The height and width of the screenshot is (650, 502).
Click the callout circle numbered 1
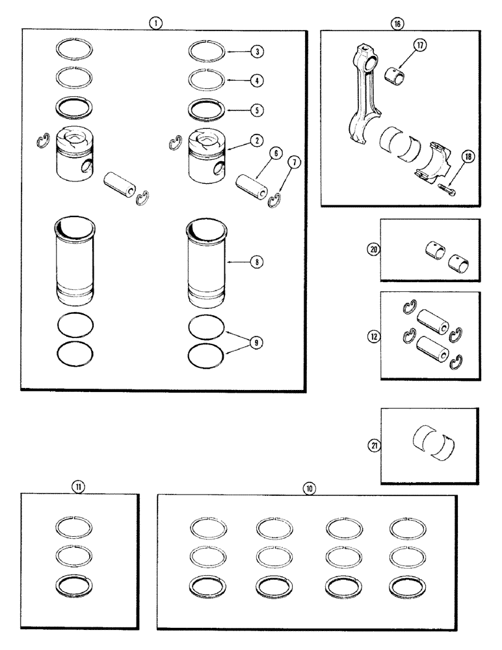pyautogui.click(x=155, y=22)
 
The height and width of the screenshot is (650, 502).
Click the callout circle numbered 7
pyautogui.click(x=296, y=162)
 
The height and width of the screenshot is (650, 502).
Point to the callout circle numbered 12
pyautogui.click(x=372, y=336)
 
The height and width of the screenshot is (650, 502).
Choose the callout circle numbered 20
pyautogui.click(x=372, y=249)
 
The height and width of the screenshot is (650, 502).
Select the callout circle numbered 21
pyautogui.click(x=372, y=446)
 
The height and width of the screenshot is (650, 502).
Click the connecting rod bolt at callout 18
pyautogui.click(x=448, y=188)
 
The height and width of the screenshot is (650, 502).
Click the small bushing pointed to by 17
pyautogui.click(x=398, y=75)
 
